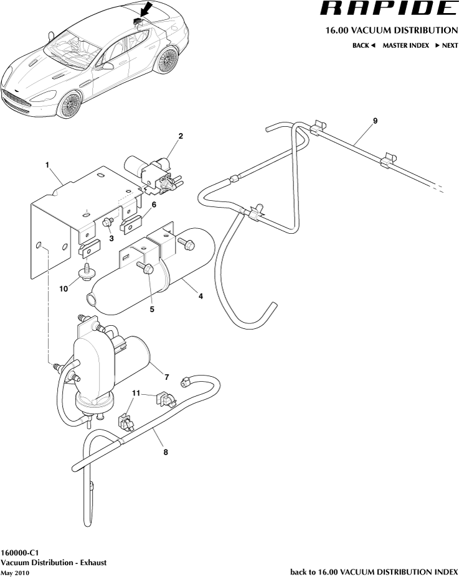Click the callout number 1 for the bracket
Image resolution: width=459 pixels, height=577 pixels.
47,165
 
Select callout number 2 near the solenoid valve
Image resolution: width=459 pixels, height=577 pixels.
181,136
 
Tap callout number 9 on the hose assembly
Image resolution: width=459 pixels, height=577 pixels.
375,120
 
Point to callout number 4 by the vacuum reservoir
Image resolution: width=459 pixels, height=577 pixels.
201,297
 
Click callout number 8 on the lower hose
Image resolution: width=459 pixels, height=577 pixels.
166,452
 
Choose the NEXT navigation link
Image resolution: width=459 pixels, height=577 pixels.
446,45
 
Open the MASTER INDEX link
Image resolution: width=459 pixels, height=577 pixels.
405,45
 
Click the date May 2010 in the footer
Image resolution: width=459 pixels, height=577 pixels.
15,573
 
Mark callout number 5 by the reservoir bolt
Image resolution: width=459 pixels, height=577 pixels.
151,308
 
